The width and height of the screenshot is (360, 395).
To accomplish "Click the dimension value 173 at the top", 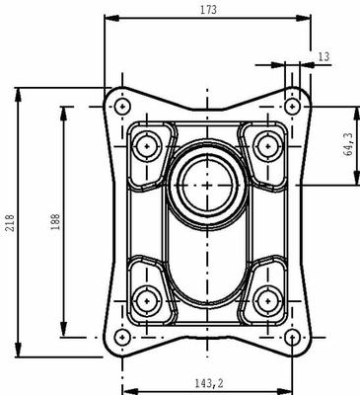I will coord(207,9).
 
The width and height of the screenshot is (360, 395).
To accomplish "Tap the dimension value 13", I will coord(324,58).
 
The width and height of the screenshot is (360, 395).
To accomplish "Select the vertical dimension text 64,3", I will coord(347,145).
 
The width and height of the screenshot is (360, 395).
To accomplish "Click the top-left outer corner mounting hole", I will coord(121,106).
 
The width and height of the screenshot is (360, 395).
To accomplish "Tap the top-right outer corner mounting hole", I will coord(293,106).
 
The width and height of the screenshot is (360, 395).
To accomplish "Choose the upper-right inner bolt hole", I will coord(265,144).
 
